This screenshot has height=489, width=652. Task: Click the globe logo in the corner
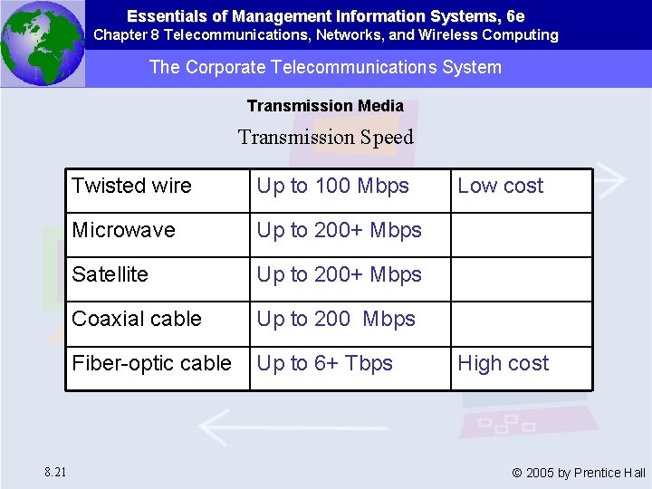tap(42, 43)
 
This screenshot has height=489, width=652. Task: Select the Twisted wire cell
tap(132, 187)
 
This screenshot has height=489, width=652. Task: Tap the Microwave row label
tap(124, 230)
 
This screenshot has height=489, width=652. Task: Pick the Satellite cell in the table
tap(110, 274)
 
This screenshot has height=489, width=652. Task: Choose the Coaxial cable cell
tap(137, 319)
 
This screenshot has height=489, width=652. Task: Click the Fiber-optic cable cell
tap(152, 363)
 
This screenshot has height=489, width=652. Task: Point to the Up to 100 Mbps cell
tap(333, 187)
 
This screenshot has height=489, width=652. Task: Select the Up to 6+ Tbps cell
tap(325, 363)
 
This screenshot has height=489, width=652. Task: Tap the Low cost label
tap(500, 187)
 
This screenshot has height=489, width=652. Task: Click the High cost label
tap(503, 363)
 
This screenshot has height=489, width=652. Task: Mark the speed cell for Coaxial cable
tap(336, 319)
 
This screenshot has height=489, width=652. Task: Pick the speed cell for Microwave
tap(340, 230)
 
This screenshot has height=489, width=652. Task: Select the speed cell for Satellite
tap(340, 274)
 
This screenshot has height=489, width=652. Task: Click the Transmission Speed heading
tap(325, 138)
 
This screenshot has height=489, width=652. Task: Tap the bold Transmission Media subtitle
tap(325, 106)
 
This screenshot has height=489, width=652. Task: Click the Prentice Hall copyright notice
tap(579, 473)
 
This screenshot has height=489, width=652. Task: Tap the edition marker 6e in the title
tap(515, 16)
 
